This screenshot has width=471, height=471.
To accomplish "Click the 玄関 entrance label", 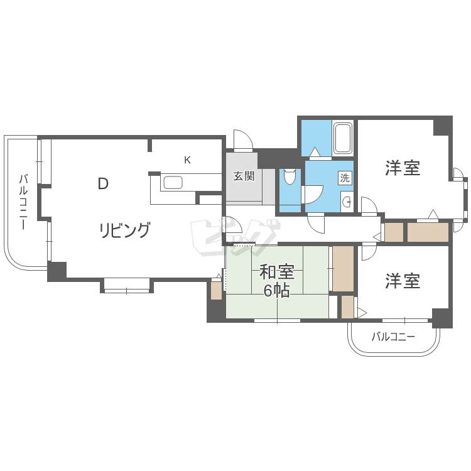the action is (244, 176).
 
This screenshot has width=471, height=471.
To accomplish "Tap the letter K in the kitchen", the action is (187, 160).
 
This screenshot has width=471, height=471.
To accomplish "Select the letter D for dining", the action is (103, 184).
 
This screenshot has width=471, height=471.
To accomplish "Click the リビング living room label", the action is (125, 230).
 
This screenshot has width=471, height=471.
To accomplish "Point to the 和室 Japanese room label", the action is (277, 272).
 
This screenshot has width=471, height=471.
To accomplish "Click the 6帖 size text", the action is (277, 290).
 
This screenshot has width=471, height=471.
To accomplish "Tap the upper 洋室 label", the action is (403, 168).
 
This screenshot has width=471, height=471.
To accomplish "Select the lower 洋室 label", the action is (403, 281).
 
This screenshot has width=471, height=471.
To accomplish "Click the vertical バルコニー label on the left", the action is (23, 202).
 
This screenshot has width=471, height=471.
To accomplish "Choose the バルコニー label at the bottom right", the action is (393, 337).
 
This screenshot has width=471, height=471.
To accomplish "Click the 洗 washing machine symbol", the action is (345, 178).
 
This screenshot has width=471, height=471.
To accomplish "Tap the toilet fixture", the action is (290, 176).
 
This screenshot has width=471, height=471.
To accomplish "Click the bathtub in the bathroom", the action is (342, 139).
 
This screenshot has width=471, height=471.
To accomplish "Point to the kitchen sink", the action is (173, 183).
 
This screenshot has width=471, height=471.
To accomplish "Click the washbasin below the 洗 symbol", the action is (347, 202).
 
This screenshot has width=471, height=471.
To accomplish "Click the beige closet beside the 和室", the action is (343, 269).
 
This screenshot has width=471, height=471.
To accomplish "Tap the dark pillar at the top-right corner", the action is (443, 126).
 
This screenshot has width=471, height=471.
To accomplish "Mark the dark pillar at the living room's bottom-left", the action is (57, 271).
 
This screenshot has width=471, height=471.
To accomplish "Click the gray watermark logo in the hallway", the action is (235, 238).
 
